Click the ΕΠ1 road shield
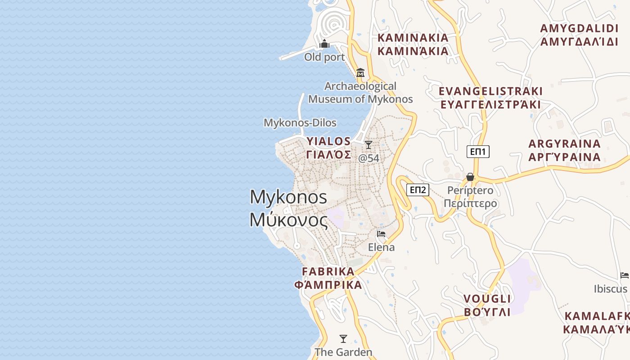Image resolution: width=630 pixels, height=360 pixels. [x=477, y=152]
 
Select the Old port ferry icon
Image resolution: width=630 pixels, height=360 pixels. [x=324, y=44]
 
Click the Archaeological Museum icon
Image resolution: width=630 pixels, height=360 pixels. [x=360, y=73]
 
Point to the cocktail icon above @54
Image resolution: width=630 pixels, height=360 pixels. [x=369, y=144]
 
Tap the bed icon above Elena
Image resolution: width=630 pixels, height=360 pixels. [x=381, y=234]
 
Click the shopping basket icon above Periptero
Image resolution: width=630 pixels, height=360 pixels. [x=470, y=177]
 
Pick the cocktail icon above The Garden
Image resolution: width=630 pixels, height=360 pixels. [x=343, y=338]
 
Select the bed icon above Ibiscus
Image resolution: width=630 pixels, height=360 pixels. [x=624, y=275]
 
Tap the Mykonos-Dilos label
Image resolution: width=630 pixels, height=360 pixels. [x=300, y=122]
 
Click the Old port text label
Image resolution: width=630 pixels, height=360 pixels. [x=324, y=57]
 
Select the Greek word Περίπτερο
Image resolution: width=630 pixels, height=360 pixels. [x=470, y=203]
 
